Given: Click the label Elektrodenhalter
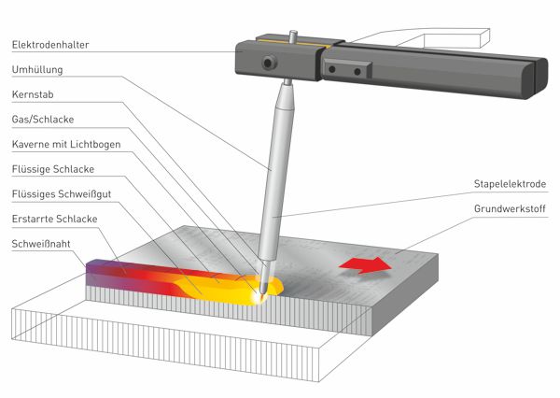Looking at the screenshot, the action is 50,45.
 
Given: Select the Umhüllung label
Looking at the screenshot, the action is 37,69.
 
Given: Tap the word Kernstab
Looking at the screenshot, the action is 33,94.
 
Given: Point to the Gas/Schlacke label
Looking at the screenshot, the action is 43,119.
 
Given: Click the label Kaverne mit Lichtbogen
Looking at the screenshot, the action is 66,144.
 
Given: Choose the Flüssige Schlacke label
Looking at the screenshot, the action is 53,169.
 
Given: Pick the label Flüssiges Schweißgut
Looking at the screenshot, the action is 62,193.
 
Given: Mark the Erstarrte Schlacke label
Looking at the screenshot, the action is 54,219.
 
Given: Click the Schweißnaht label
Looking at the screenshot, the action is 41,244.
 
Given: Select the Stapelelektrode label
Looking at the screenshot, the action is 510,184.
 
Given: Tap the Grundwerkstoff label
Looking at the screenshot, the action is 510,209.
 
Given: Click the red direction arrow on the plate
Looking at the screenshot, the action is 366,265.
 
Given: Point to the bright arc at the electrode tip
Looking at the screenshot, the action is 260,296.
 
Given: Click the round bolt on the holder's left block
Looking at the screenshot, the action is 269,63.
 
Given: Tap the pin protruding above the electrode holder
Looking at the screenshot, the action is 293,36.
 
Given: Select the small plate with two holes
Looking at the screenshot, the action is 346,69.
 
